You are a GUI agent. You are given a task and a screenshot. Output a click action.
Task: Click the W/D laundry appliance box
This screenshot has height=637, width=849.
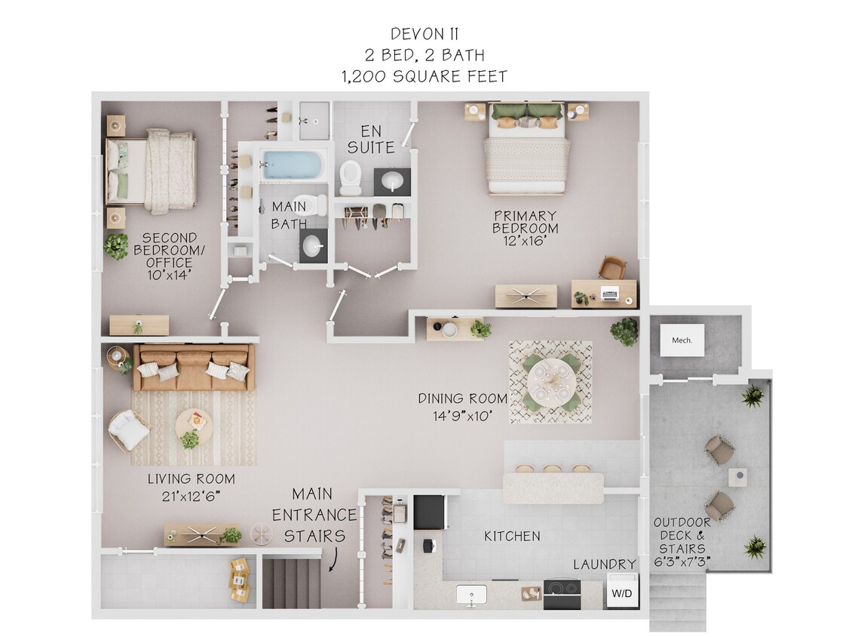click(622, 591)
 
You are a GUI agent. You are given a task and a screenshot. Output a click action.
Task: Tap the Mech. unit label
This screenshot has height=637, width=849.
click(682, 340)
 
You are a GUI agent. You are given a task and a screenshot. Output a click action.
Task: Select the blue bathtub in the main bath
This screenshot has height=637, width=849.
click(294, 165)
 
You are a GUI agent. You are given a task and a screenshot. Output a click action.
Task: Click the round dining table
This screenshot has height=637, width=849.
click(550, 380)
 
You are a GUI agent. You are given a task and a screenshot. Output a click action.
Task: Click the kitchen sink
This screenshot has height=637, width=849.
click(472, 595)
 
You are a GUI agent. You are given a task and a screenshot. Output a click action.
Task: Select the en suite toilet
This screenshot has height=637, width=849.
click(351, 177)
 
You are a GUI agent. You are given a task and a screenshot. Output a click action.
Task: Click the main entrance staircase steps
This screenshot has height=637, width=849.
click(291, 582)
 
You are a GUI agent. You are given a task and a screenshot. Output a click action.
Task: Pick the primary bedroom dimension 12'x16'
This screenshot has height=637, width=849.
click(526, 242)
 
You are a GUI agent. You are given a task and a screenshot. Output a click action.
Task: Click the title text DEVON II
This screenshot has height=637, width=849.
click(424, 34)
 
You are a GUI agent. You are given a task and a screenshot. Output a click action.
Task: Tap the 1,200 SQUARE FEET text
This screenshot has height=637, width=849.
click(424, 76)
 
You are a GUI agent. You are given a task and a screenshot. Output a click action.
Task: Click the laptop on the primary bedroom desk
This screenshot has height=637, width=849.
click(608, 294)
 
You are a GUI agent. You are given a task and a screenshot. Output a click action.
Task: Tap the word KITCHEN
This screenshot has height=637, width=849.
click(512, 536)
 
